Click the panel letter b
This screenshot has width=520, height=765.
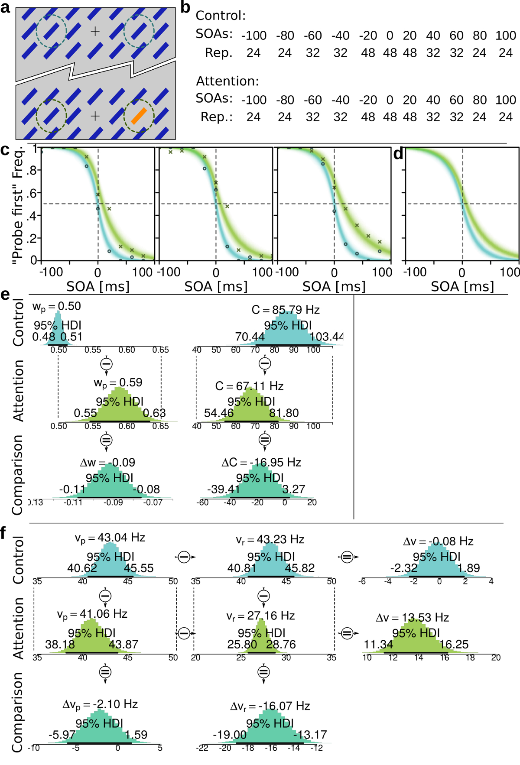[x=185, y=7]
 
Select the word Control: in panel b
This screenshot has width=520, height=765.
[x=221, y=16]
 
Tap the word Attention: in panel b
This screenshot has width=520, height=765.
[x=227, y=81]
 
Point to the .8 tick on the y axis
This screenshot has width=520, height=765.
[x=32, y=170]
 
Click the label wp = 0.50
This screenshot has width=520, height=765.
[x=56, y=307]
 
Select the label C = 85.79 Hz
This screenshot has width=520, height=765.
[x=286, y=310]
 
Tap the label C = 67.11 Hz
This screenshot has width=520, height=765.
[x=249, y=386]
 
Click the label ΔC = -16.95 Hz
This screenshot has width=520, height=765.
[x=261, y=463]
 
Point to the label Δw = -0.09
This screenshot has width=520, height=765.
[x=107, y=463]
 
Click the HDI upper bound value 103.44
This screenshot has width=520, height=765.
[x=327, y=337]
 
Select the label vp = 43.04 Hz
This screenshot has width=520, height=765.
[x=110, y=538]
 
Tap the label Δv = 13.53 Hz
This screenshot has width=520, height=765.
[x=412, y=618]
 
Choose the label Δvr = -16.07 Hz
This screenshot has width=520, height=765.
[x=270, y=707]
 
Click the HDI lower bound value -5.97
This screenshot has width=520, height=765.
[x=62, y=735]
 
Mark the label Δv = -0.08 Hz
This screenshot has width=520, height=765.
[x=438, y=541]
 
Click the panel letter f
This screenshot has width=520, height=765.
[x=4, y=533]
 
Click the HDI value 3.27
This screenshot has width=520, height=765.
[x=293, y=489]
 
